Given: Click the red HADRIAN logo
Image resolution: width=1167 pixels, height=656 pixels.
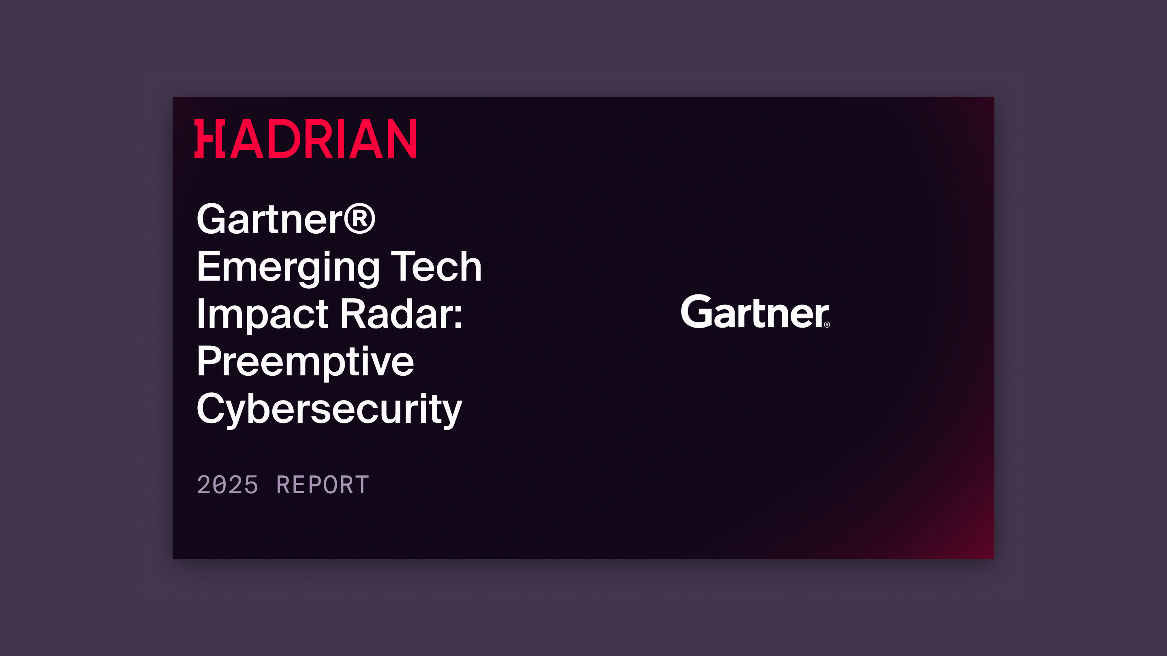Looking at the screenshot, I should [305, 139].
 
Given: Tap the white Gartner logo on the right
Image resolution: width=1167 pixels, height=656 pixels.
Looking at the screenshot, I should [755, 311].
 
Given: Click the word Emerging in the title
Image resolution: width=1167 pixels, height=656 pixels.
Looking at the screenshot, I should [288, 267].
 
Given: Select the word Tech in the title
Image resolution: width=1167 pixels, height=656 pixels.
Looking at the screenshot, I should [436, 267].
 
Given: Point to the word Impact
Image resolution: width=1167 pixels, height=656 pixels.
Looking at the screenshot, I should [262, 314].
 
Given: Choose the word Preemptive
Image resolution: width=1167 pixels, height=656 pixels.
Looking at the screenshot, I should [305, 362].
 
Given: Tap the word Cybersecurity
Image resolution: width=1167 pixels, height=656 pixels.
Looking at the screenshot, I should [329, 409].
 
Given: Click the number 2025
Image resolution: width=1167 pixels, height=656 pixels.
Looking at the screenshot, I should [227, 485].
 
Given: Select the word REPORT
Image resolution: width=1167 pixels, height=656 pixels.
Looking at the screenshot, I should [323, 485].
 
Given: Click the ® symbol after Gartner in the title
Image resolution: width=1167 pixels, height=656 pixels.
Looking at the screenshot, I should [360, 219].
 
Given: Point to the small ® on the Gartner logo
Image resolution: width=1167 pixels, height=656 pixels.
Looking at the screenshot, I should [827, 325].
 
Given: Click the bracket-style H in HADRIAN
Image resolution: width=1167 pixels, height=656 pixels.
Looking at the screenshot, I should [210, 139].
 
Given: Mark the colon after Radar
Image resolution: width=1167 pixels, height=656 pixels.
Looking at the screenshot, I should [458, 315].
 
